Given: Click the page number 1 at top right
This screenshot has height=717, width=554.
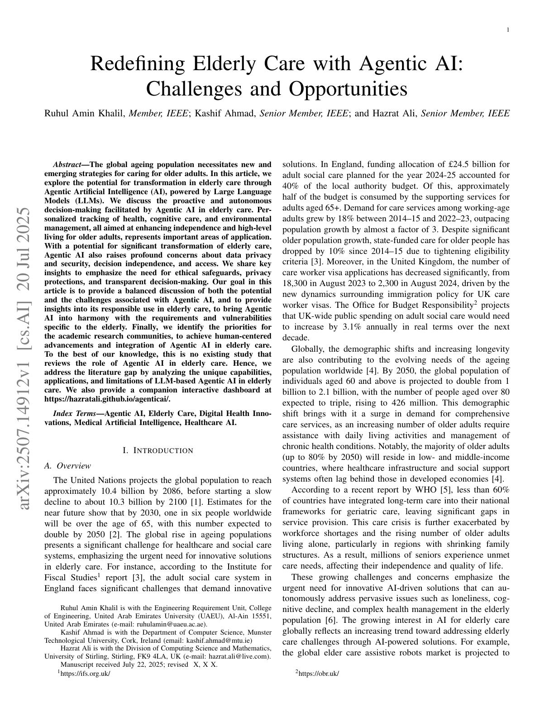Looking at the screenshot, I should tap(508, 30).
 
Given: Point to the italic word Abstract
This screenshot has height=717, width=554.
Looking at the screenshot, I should tap(67, 165).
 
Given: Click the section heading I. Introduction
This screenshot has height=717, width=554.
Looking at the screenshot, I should tap(158, 451).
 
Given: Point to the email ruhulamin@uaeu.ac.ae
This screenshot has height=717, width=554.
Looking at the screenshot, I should tap(174, 624).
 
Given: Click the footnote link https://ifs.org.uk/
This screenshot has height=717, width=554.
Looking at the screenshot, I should tap(85, 674).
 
